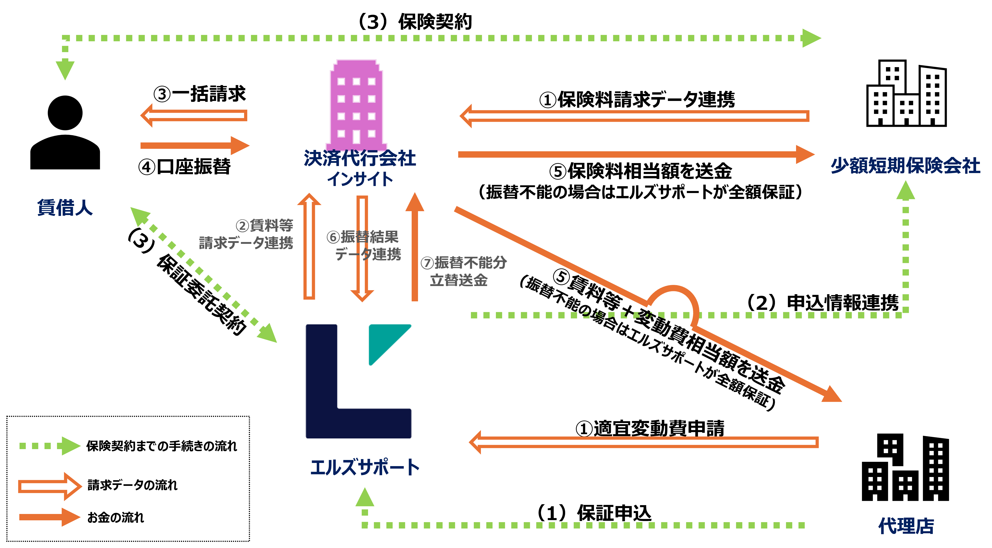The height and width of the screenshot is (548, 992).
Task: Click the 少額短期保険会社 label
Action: point(905,166)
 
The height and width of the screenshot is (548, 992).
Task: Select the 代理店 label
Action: point(906,526)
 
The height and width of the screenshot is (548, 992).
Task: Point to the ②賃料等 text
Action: point(264,225)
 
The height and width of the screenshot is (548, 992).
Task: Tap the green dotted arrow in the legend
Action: point(50,446)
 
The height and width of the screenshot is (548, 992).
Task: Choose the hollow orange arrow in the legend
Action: point(50,487)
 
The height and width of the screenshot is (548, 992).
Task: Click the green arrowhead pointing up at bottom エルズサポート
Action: point(365,497)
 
